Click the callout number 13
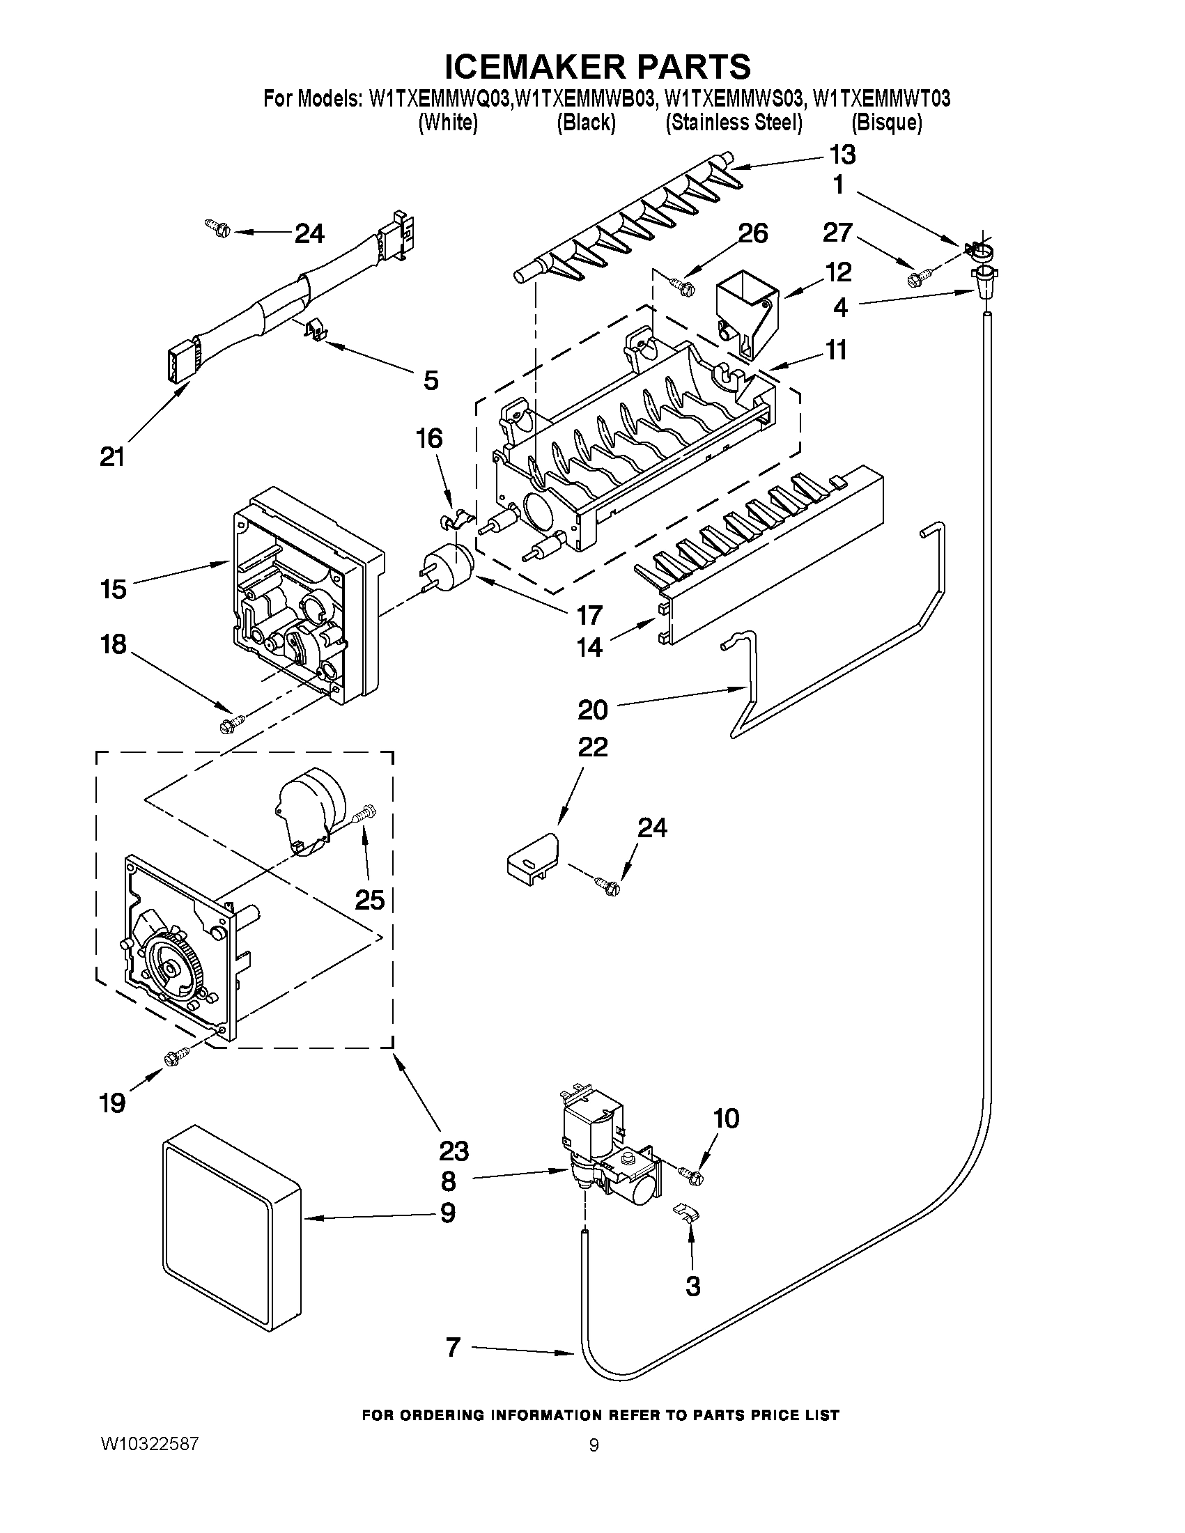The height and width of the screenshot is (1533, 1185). point(842,155)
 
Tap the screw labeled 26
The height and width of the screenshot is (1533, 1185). point(681,285)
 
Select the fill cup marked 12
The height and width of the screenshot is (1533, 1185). point(746,313)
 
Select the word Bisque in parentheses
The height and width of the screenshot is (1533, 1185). point(886,123)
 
